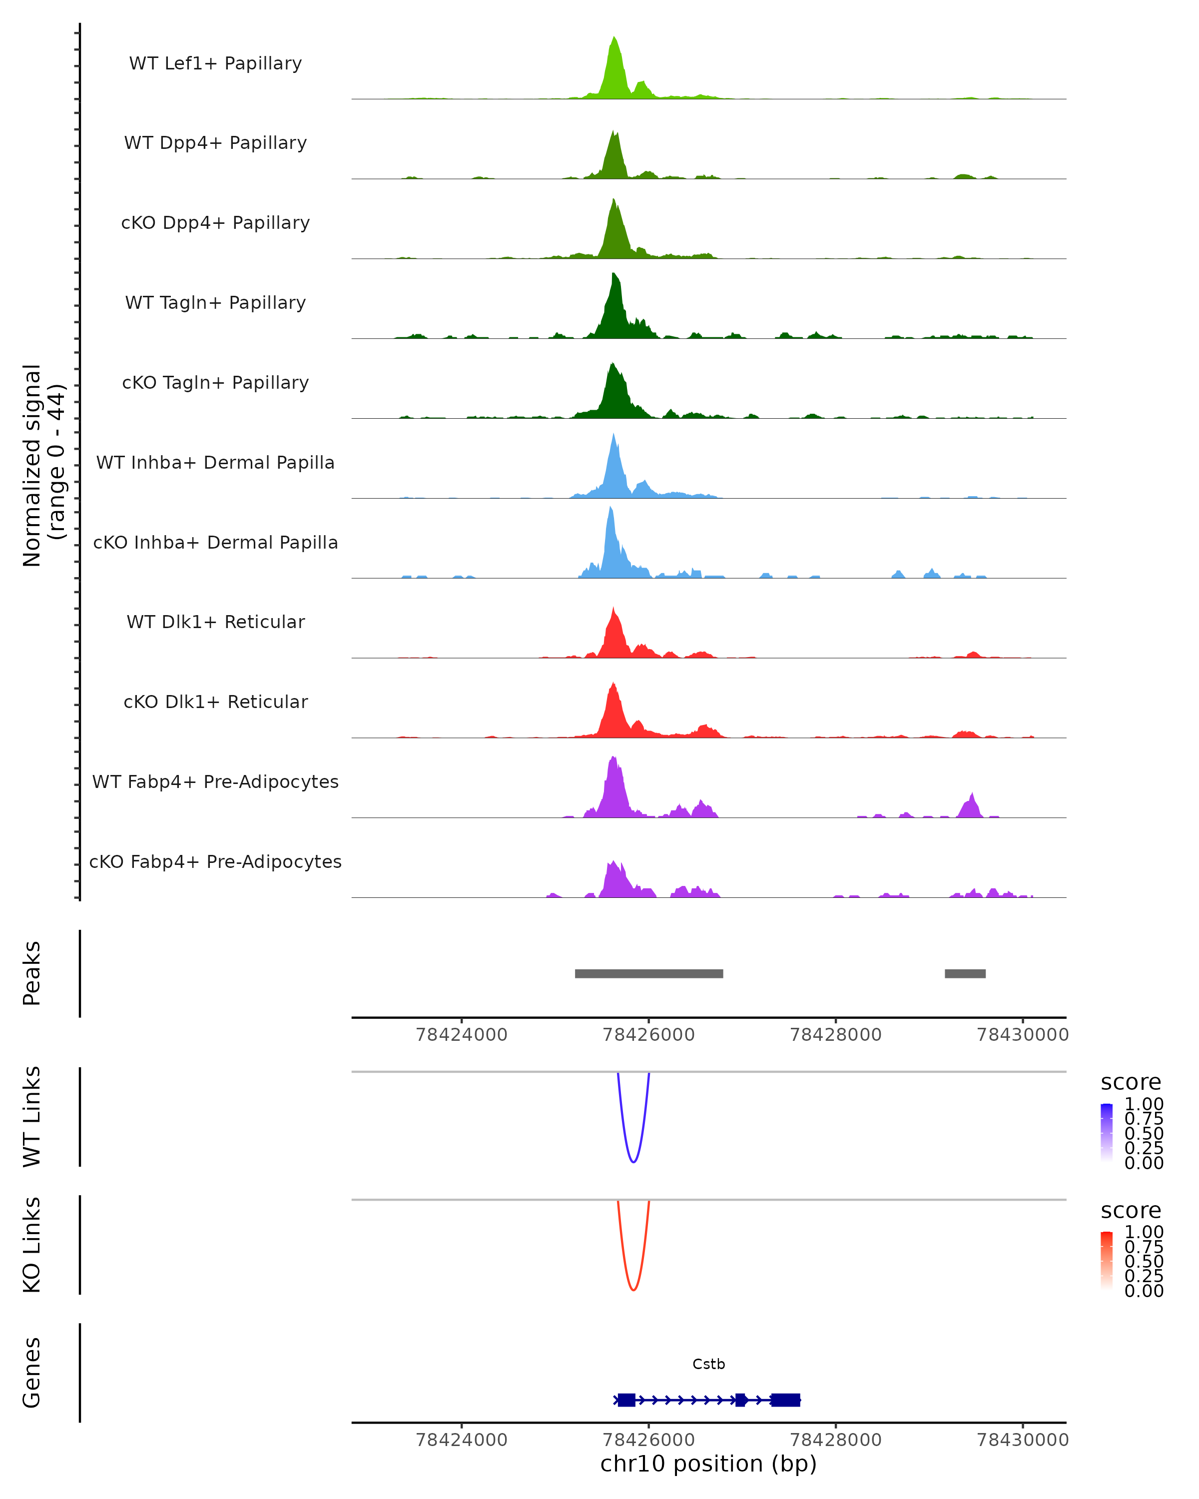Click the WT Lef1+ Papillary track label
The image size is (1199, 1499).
[215, 63]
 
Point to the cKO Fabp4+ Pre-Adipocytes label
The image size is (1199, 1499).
[215, 861]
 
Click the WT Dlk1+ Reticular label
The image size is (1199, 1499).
[215, 622]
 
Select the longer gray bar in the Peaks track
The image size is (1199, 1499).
[648, 973]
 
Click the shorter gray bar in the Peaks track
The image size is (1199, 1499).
[965, 973]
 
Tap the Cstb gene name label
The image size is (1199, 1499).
[708, 1364]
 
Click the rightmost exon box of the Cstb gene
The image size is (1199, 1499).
[785, 1400]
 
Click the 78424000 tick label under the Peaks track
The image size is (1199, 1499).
[462, 1035]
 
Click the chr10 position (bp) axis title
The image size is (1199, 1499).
[708, 1464]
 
